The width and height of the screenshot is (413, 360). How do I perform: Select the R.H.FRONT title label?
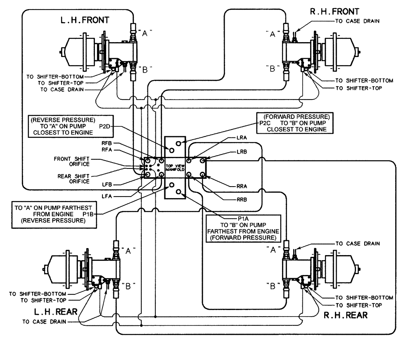335,11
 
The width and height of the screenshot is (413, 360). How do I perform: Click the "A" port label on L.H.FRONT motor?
145,35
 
